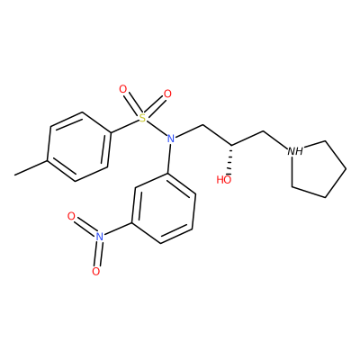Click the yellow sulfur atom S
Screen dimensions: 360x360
point(143,118)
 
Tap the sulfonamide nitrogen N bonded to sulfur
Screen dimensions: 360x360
point(171,139)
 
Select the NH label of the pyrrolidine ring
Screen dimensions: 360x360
point(295,151)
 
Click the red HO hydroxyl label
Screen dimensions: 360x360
point(224,180)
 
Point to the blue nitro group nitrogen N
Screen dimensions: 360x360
point(99,236)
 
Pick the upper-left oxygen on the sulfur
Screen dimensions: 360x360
point(123,89)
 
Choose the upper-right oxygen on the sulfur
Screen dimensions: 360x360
point(167,94)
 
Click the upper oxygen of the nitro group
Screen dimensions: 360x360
point(71,216)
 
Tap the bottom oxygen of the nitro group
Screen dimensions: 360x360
point(95,271)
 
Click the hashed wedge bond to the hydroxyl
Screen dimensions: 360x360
point(230,160)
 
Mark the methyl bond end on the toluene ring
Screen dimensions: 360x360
point(14,175)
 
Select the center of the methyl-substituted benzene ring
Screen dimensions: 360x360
point(78,147)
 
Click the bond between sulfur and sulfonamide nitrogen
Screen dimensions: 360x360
point(157,129)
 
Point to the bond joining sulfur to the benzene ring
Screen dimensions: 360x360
point(125,126)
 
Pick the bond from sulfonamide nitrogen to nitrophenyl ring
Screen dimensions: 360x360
point(169,158)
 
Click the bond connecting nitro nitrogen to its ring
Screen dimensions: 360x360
point(117,229)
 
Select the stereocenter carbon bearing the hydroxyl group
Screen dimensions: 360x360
point(232,146)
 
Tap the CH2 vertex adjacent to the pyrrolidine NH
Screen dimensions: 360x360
point(263,131)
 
